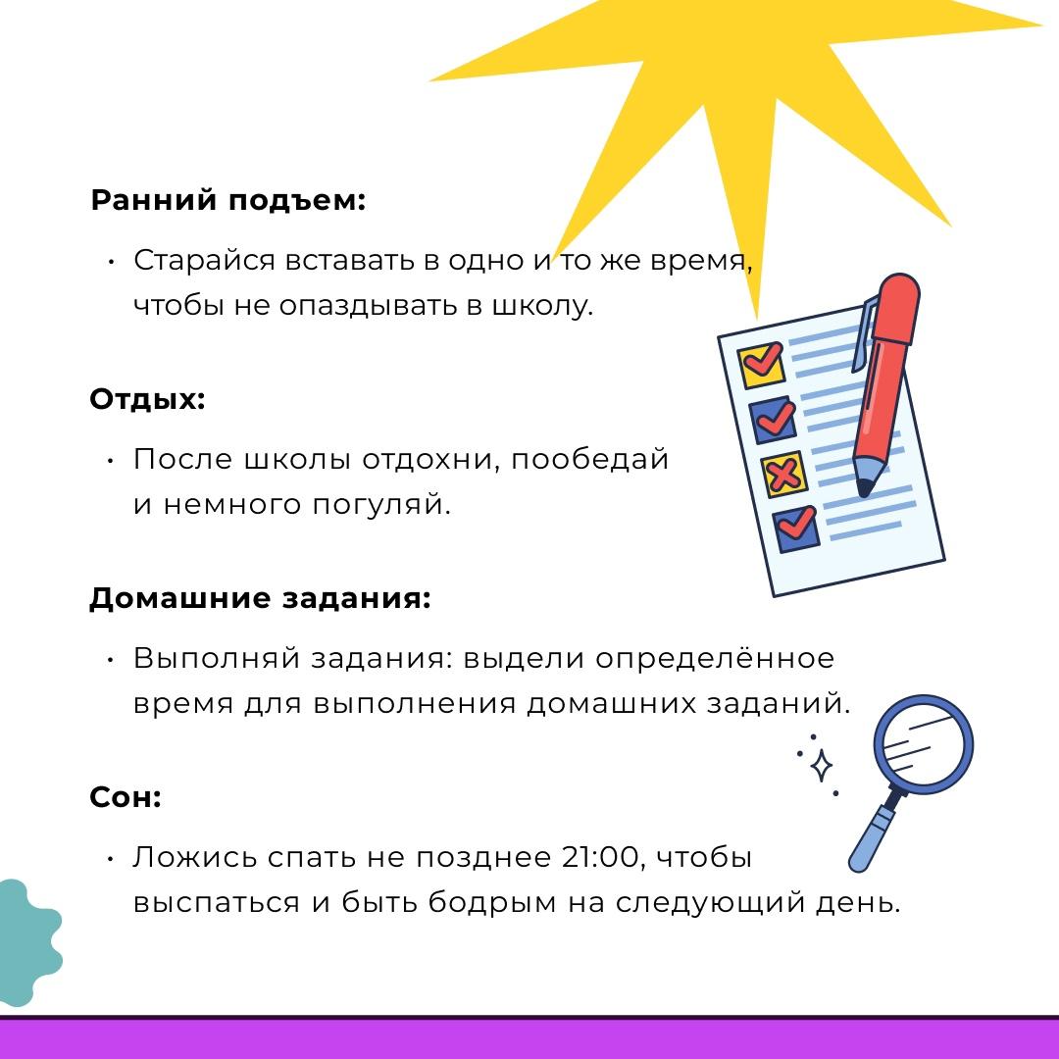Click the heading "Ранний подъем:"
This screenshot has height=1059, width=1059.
tap(227, 201)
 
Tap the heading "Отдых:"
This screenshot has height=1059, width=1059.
tap(147, 399)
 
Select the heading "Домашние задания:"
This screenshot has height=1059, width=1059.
tap(260, 598)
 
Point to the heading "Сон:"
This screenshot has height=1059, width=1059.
tap(126, 797)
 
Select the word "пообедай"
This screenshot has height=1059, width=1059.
tap(589, 459)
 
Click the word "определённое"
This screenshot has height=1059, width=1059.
tap(715, 659)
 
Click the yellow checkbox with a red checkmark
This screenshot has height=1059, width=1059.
tap(761, 365)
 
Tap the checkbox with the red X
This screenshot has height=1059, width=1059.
tap(783, 475)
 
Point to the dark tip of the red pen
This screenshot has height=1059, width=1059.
tap(864, 487)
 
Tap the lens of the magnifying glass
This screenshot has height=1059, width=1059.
tap(924, 743)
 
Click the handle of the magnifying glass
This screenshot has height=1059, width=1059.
tap(874, 833)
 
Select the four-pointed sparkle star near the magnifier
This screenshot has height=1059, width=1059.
tap(822, 765)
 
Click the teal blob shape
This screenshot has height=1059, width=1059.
tap(27, 942)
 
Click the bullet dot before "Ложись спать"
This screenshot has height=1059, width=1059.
tap(111, 858)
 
